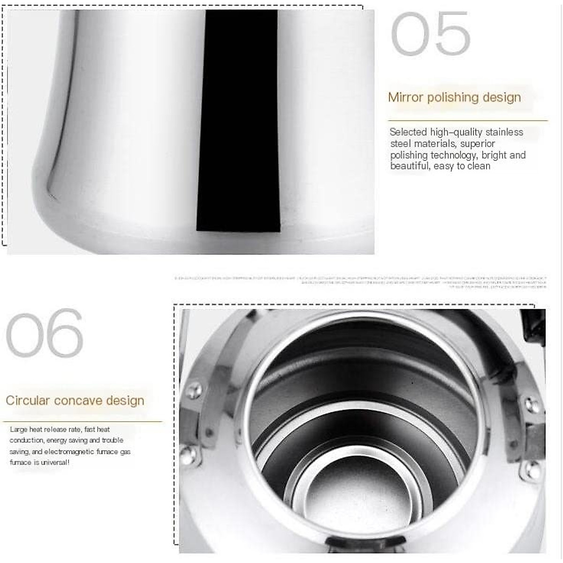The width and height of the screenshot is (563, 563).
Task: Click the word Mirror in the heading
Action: (406, 97)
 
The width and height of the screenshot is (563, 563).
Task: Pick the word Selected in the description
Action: (408, 132)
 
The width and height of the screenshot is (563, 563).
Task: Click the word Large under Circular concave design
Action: (18, 429)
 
